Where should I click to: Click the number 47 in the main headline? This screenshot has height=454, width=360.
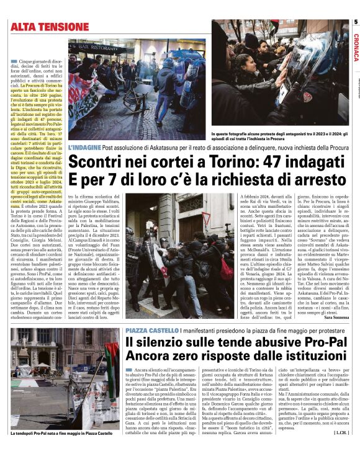point(238,161)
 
